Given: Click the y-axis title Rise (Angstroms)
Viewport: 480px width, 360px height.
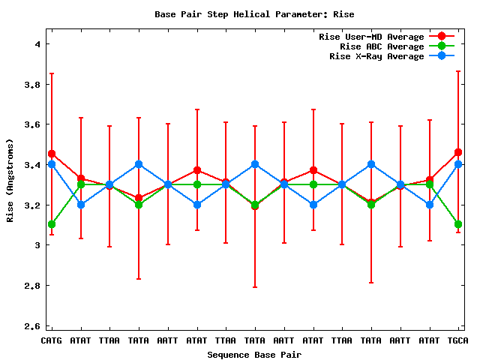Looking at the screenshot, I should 10,180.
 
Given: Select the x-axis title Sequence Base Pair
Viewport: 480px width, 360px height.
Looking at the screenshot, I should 254,354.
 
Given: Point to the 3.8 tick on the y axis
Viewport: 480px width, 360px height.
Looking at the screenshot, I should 32,85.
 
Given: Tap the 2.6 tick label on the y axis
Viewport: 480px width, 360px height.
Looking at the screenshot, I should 32,326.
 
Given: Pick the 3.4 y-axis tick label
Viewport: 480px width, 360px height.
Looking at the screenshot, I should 32,165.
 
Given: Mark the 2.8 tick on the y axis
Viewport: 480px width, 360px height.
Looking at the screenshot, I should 32,286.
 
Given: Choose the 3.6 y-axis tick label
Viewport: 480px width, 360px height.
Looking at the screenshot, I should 32,124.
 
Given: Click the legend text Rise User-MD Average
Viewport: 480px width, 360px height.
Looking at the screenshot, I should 371,37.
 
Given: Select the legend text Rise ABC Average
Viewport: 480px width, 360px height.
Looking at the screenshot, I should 382,46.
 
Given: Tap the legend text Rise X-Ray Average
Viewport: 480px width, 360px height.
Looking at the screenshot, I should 376,56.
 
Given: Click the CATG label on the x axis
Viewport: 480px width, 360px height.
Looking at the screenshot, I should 51,340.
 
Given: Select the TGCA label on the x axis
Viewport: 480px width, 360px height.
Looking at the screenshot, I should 458,340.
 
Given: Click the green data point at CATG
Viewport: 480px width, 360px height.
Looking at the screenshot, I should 51,224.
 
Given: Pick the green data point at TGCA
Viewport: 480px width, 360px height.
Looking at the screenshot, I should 458,224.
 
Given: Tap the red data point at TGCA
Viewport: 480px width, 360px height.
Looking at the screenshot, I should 458,152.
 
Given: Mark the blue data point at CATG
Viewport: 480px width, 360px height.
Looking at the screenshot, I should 51,164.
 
